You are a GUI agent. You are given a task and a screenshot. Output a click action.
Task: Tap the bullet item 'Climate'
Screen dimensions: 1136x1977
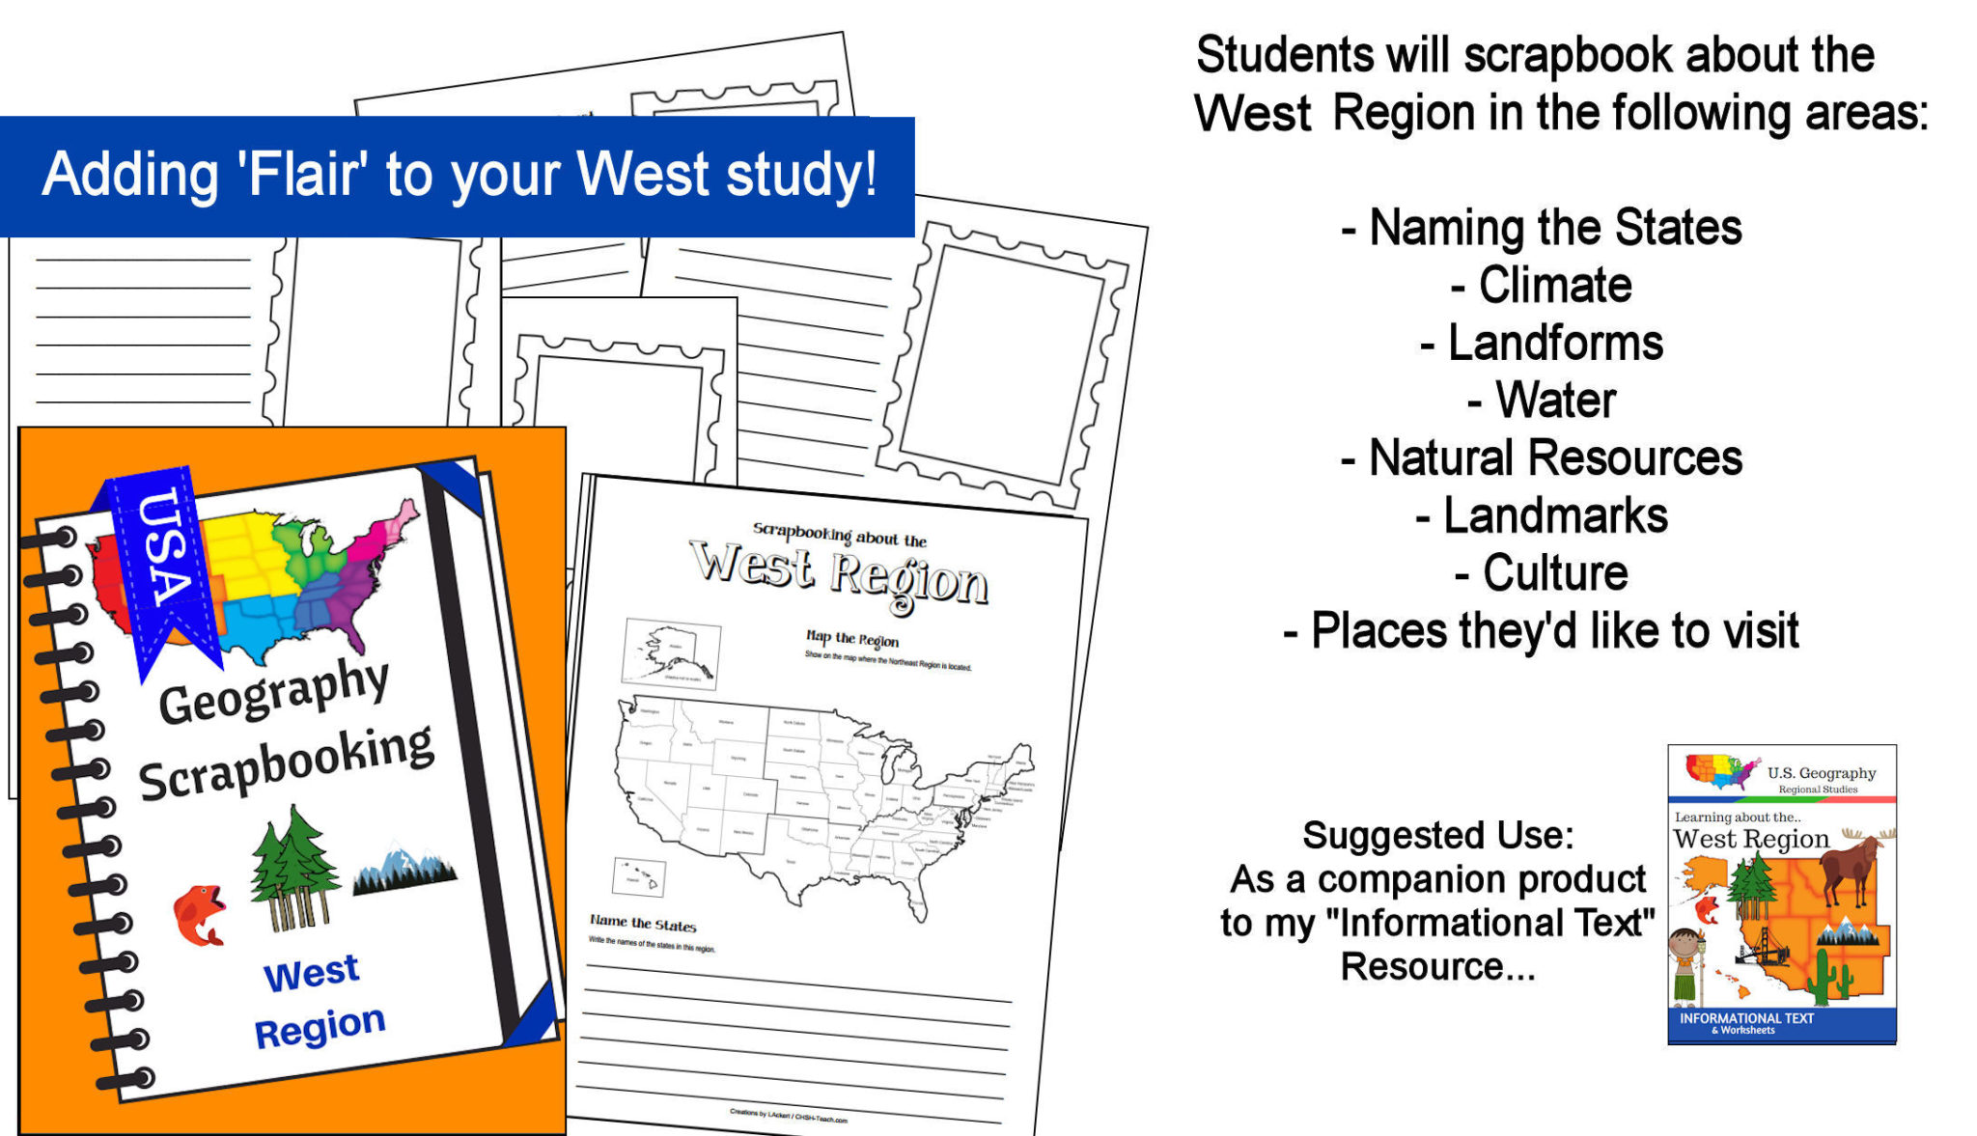tap(1554, 286)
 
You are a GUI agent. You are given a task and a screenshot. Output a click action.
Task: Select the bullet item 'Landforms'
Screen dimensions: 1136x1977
tap(1554, 344)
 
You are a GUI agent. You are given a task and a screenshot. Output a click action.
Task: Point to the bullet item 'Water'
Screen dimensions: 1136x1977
tap(1554, 401)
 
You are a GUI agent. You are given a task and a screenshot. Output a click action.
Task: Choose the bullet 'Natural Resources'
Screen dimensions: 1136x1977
tap(1554, 458)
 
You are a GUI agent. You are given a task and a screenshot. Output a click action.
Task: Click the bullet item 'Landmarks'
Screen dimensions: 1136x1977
tap(1554, 516)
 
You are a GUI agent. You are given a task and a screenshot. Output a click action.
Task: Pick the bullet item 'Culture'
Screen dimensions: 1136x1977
tap(1554, 573)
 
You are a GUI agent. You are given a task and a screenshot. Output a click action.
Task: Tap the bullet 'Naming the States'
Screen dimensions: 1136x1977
tap(1554, 229)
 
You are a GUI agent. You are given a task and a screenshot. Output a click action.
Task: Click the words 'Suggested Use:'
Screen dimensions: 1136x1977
tap(1437, 836)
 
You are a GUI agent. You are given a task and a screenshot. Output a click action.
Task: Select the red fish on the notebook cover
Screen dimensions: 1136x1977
tap(199, 914)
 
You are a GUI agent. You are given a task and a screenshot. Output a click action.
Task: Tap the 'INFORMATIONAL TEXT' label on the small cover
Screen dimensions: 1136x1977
tap(1746, 1018)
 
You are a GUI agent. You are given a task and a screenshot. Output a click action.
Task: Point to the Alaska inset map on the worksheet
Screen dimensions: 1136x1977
tap(672, 653)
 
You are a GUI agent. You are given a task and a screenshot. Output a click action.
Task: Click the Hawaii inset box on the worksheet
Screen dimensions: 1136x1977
tap(638, 876)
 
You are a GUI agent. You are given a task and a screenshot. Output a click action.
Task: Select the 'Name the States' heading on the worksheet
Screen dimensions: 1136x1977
tap(643, 924)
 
